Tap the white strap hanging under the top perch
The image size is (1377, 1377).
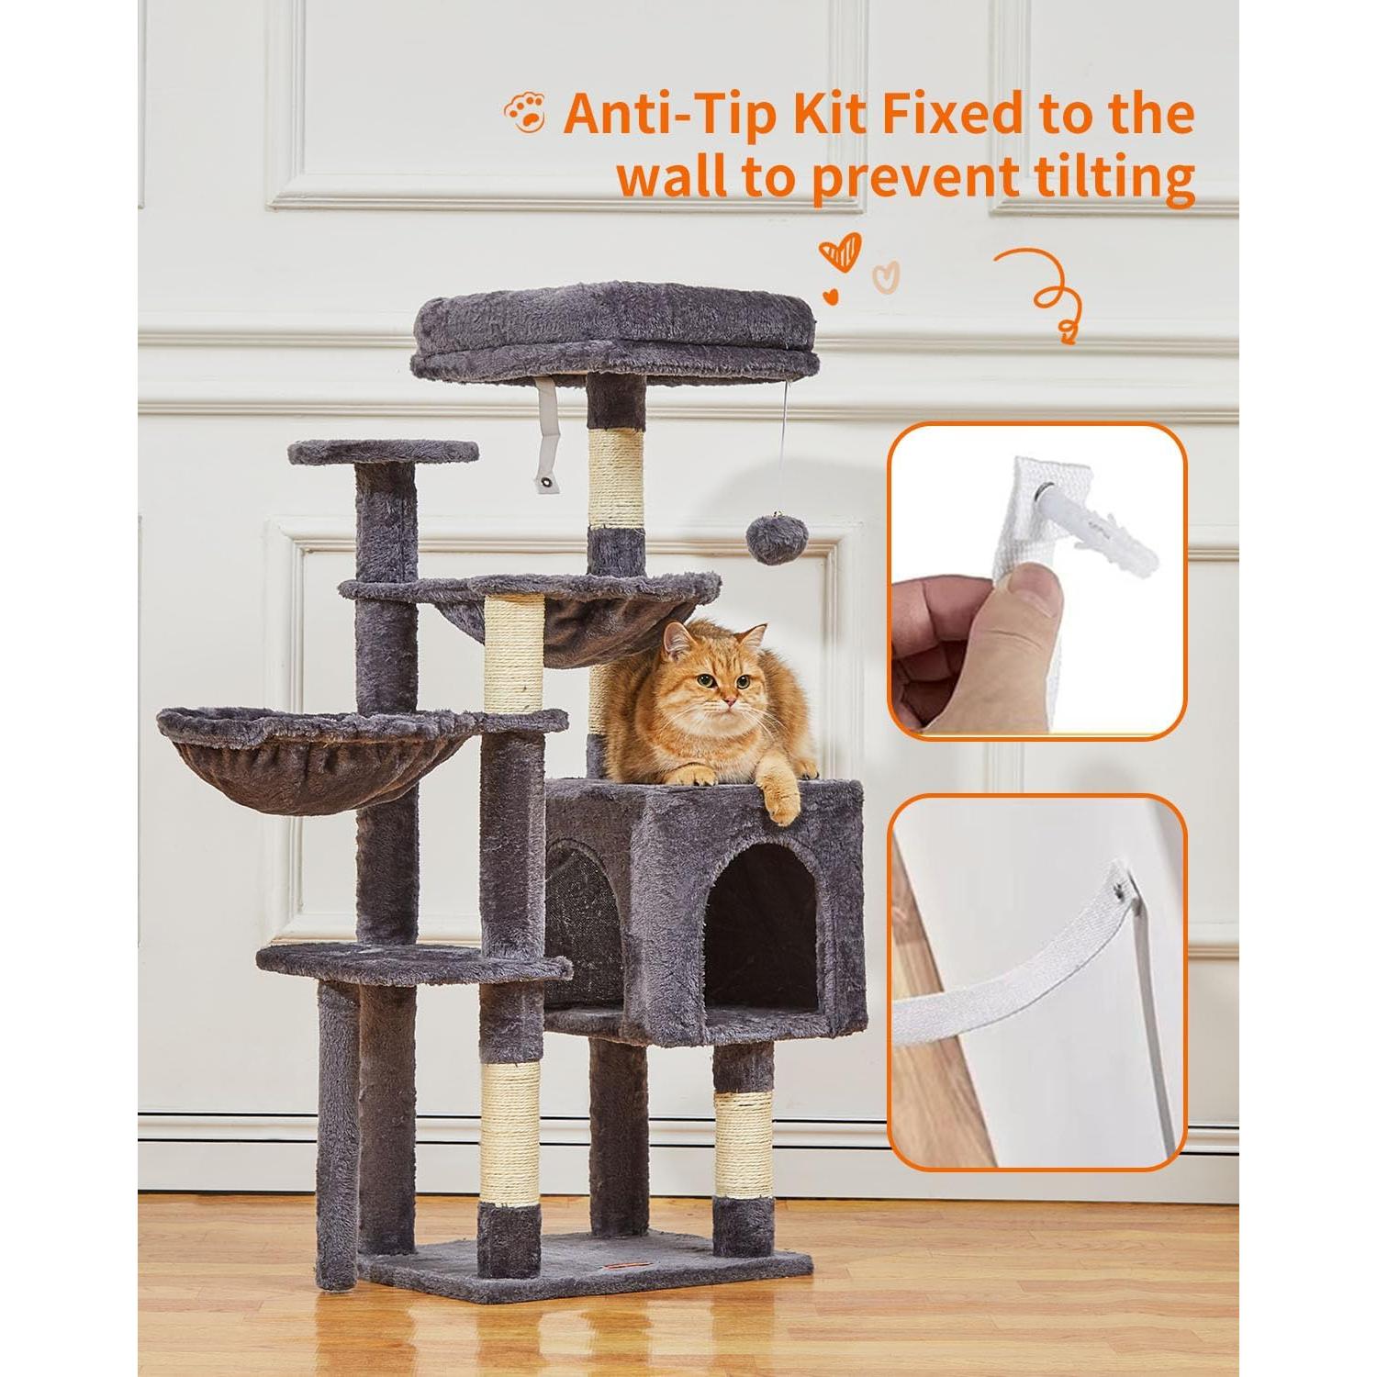point(547,431)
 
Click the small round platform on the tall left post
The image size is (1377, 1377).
point(384,452)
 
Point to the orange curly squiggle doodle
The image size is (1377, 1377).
point(1047,289)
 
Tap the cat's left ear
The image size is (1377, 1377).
point(677,639)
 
